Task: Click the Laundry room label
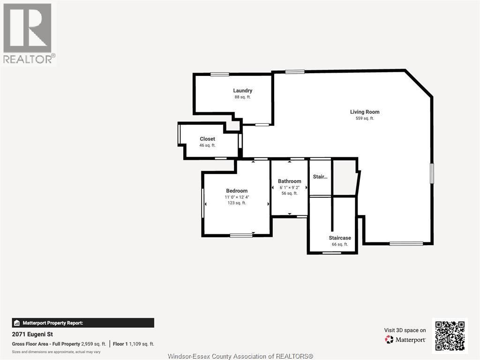point(242,90)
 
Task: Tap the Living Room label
point(365,112)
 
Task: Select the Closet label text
point(207,139)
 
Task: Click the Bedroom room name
point(237,191)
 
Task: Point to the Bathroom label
point(289,181)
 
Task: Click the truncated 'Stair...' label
point(320,177)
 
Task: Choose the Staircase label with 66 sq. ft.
point(340,238)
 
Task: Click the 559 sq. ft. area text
point(365,119)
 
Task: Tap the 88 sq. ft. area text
point(242,97)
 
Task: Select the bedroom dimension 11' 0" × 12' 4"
point(237,197)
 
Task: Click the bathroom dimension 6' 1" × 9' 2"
point(289,187)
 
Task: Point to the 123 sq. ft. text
point(237,203)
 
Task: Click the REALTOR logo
point(28,33)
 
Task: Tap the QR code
point(450,336)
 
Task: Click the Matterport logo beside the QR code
point(405,339)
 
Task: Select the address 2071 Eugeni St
point(32,334)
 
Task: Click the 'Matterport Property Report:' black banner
point(83,323)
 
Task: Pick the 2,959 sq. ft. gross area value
point(93,344)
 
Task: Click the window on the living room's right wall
point(432,173)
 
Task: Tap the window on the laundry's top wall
point(219,74)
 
